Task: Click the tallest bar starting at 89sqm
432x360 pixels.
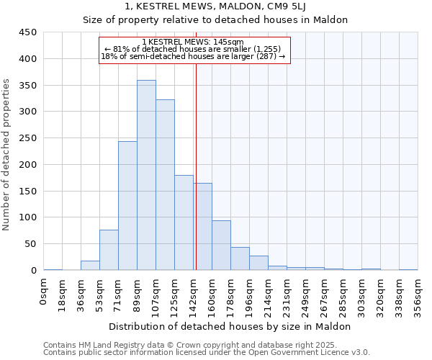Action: (x=146, y=175)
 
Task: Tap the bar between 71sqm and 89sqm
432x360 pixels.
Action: (x=127, y=205)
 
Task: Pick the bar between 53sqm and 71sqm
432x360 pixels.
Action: (x=109, y=250)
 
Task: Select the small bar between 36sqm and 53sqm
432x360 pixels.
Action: (x=90, y=266)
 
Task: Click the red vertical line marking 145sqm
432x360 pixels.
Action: (x=196, y=166)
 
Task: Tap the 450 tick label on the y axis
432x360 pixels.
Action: (x=27, y=32)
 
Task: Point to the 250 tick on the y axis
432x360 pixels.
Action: (x=27, y=138)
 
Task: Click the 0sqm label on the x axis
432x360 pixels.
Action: (x=44, y=291)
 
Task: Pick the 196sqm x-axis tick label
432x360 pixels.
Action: (x=249, y=295)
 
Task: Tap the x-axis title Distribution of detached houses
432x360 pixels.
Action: (x=230, y=326)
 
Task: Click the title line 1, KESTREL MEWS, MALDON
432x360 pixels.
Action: (x=216, y=6)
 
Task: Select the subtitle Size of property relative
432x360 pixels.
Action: (x=216, y=20)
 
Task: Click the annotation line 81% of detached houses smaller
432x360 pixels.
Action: (x=193, y=49)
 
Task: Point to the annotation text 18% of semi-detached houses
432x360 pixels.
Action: (x=193, y=56)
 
